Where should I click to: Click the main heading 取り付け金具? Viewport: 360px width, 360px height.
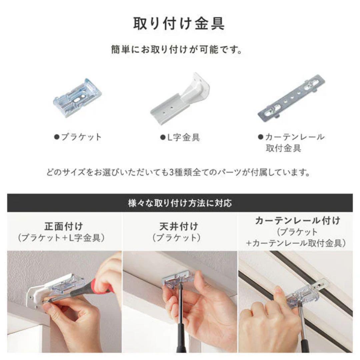[x=179, y=24]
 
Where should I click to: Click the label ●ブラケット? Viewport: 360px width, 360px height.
[x=77, y=137]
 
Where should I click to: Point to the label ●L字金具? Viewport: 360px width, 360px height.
[x=180, y=137]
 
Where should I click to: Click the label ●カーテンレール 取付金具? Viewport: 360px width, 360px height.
[x=291, y=142]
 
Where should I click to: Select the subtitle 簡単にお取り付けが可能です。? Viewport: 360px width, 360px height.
[x=179, y=50]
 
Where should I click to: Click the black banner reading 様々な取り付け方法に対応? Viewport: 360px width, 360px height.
[x=180, y=203]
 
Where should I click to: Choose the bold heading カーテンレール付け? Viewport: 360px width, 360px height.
[x=298, y=220]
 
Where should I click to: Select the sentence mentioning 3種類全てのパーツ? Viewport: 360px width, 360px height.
[x=179, y=173]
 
